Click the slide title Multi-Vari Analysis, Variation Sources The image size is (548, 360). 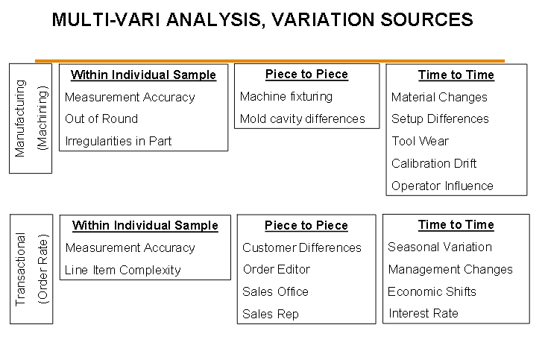[262, 20]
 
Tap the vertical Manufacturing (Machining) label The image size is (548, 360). [31, 119]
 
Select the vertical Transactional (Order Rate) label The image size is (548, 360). [31, 269]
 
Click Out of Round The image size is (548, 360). [101, 119]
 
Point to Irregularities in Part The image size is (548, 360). [118, 141]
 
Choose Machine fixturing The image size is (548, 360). [286, 96]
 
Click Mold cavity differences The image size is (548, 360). [302, 119]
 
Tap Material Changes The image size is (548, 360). [439, 97]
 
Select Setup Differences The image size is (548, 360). [440, 119]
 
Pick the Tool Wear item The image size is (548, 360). [420, 141]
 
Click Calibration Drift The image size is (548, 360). [434, 163]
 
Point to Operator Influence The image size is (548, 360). [442, 186]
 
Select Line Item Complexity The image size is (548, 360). [123, 270]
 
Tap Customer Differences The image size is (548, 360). [302, 247]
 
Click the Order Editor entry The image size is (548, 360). [277, 270]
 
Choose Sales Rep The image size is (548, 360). [271, 315]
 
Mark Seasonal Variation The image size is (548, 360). [440, 247]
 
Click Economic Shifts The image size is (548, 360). [432, 292]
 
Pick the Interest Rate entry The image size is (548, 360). [423, 314]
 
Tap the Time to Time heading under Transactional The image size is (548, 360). [456, 225]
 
